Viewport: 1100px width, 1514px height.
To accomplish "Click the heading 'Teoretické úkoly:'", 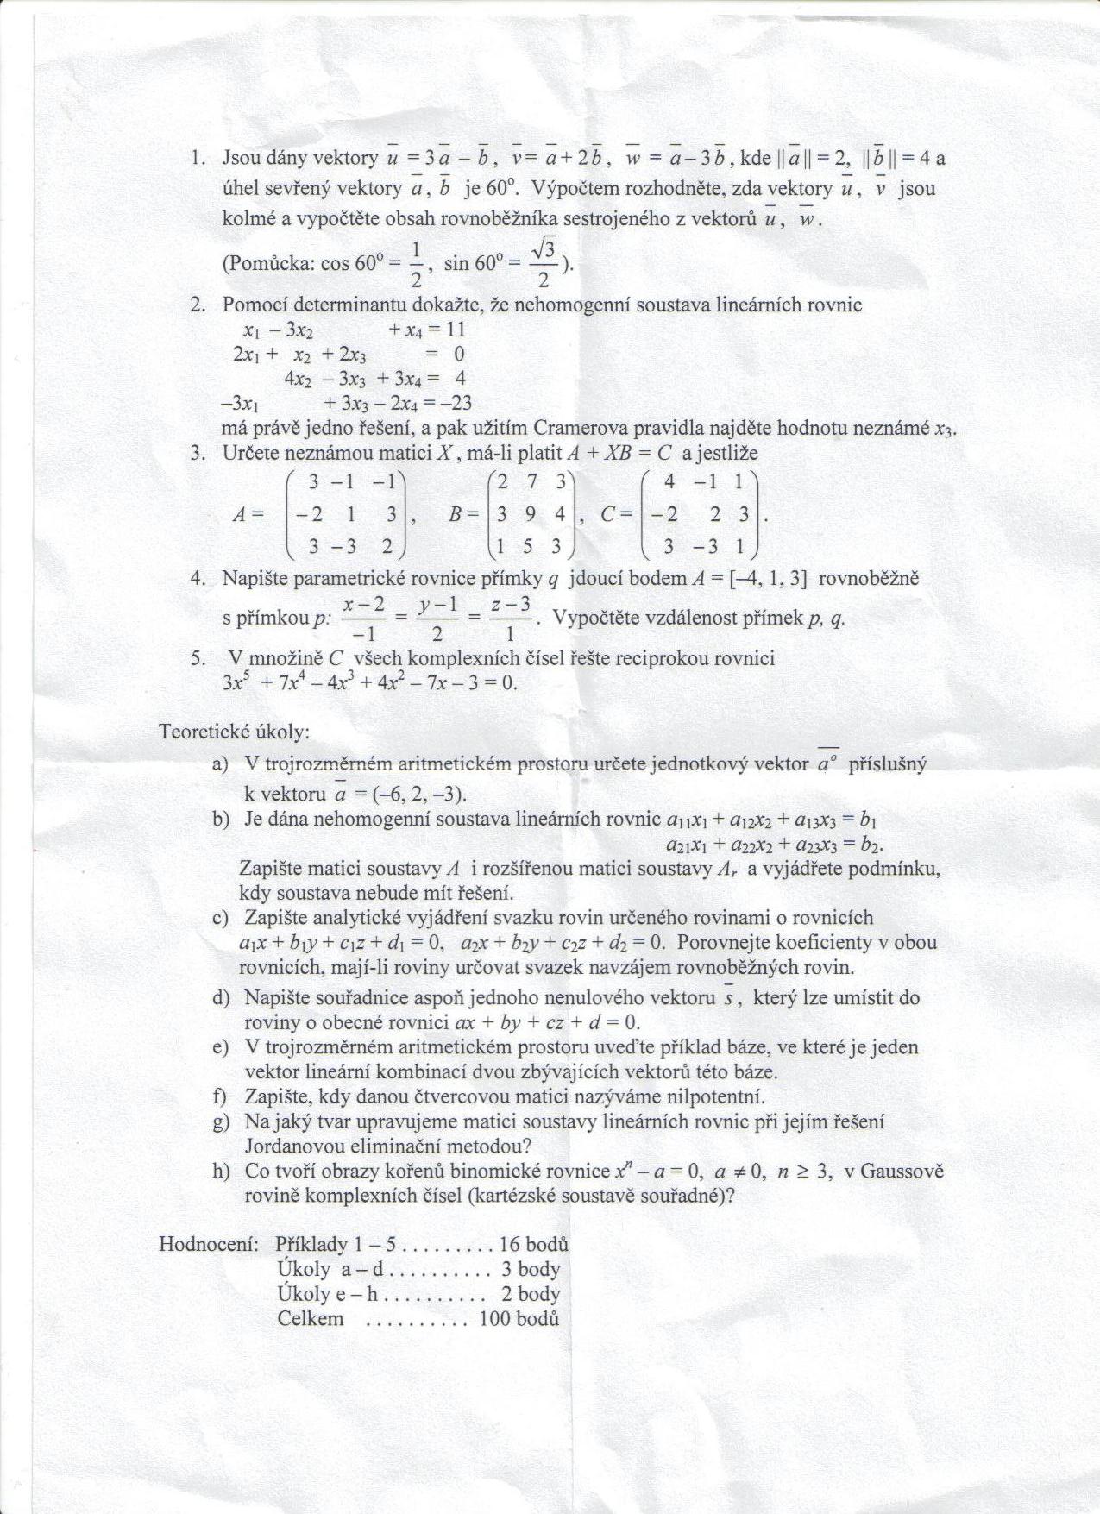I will [x=234, y=732].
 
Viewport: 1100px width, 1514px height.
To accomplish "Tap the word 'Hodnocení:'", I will [x=209, y=1244].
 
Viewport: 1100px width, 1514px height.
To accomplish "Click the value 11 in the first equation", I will [x=455, y=329].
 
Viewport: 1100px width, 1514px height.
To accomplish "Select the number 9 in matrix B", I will [x=531, y=514].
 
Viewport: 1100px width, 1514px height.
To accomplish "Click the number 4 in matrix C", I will [x=669, y=482].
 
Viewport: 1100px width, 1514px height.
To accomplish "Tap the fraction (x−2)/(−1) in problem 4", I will [x=363, y=619].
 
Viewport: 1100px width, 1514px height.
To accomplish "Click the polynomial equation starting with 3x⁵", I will [x=369, y=682].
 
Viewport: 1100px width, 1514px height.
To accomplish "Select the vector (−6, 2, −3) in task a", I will [x=413, y=794].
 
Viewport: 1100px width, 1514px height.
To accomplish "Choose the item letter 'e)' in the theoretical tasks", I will [x=220, y=1047].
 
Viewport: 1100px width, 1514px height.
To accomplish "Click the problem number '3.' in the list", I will [x=198, y=453].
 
